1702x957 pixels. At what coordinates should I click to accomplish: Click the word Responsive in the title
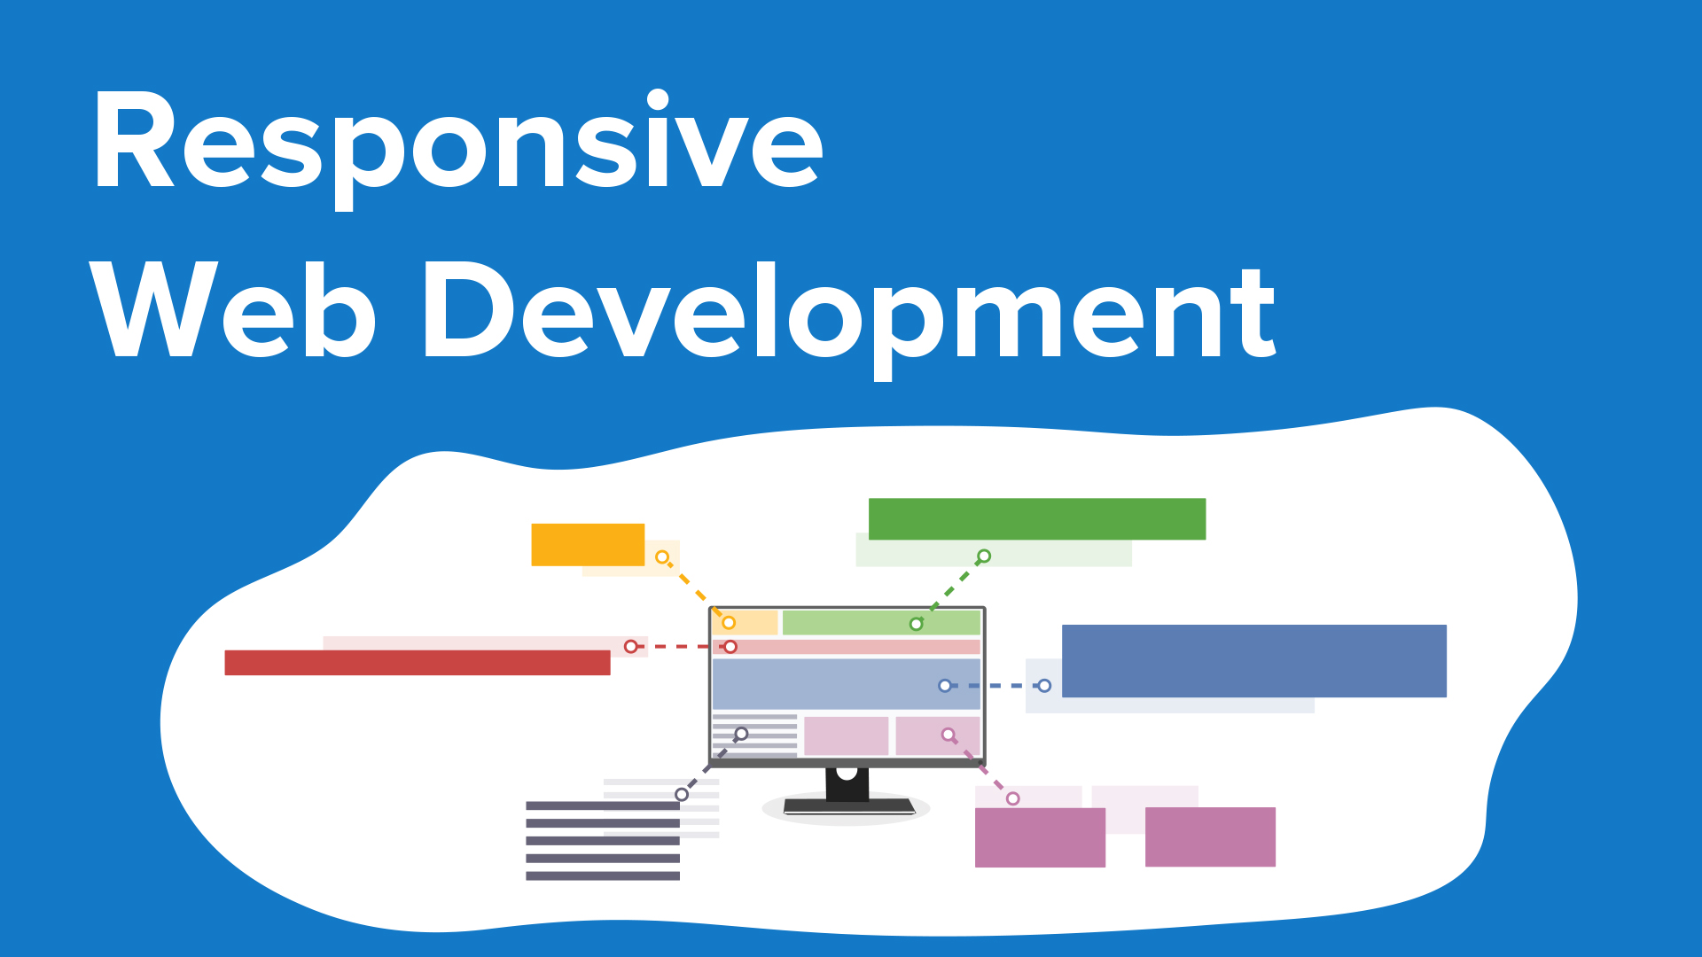pos(457,142)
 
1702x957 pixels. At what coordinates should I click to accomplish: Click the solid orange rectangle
pos(587,544)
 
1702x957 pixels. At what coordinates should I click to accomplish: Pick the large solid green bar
pos(1036,518)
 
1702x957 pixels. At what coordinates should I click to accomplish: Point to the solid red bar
pos(417,663)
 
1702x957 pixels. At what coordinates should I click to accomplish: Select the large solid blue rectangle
pos(1253,660)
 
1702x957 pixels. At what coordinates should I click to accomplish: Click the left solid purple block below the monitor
pos(1040,837)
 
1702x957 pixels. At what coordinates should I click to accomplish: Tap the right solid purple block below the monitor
pos(1210,836)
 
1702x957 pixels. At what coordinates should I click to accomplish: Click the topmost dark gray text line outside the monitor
pos(603,805)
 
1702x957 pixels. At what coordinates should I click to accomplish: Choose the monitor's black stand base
pos(848,805)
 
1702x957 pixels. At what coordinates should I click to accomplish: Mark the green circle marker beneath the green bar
pos(983,556)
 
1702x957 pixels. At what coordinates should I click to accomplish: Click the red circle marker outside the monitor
pos(630,647)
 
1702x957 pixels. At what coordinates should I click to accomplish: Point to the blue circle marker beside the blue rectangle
pos(1044,686)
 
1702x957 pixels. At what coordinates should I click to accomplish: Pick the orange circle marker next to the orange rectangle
pos(662,557)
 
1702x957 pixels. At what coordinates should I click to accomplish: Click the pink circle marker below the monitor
pos(1012,798)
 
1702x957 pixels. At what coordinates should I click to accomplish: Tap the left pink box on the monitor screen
pos(846,736)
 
